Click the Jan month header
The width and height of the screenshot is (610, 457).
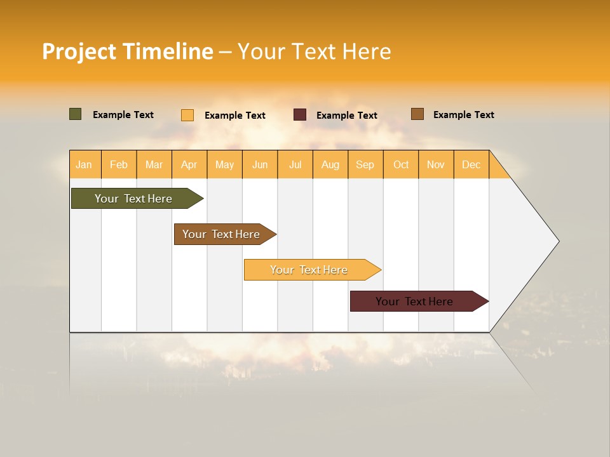point(85,164)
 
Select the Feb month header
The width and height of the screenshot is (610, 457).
point(119,164)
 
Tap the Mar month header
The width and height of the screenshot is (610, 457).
point(154,164)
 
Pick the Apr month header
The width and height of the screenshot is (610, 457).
point(189,164)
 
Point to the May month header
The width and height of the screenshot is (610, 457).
point(224,164)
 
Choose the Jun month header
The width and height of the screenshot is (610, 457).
point(260,164)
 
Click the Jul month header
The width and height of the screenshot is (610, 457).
point(295,164)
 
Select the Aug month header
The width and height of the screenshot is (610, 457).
point(330,164)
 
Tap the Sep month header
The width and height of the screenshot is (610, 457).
point(365,164)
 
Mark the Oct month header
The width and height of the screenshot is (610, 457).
point(401,164)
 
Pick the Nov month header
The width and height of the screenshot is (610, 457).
point(436,164)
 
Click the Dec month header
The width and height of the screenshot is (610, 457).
point(471,164)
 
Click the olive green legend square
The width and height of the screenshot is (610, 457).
point(76,114)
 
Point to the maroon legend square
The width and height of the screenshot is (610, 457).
point(300,115)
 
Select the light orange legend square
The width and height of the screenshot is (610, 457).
point(187,115)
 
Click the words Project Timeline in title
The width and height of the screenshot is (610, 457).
point(128,51)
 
